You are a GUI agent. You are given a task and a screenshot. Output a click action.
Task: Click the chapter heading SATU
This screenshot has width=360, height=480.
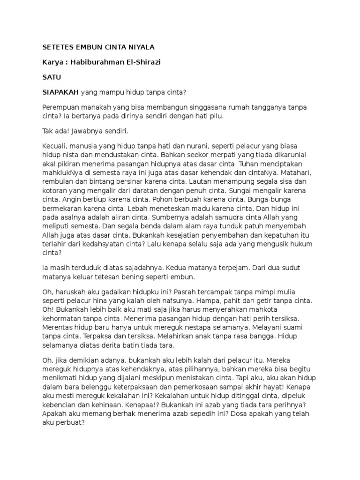coord(51,77)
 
